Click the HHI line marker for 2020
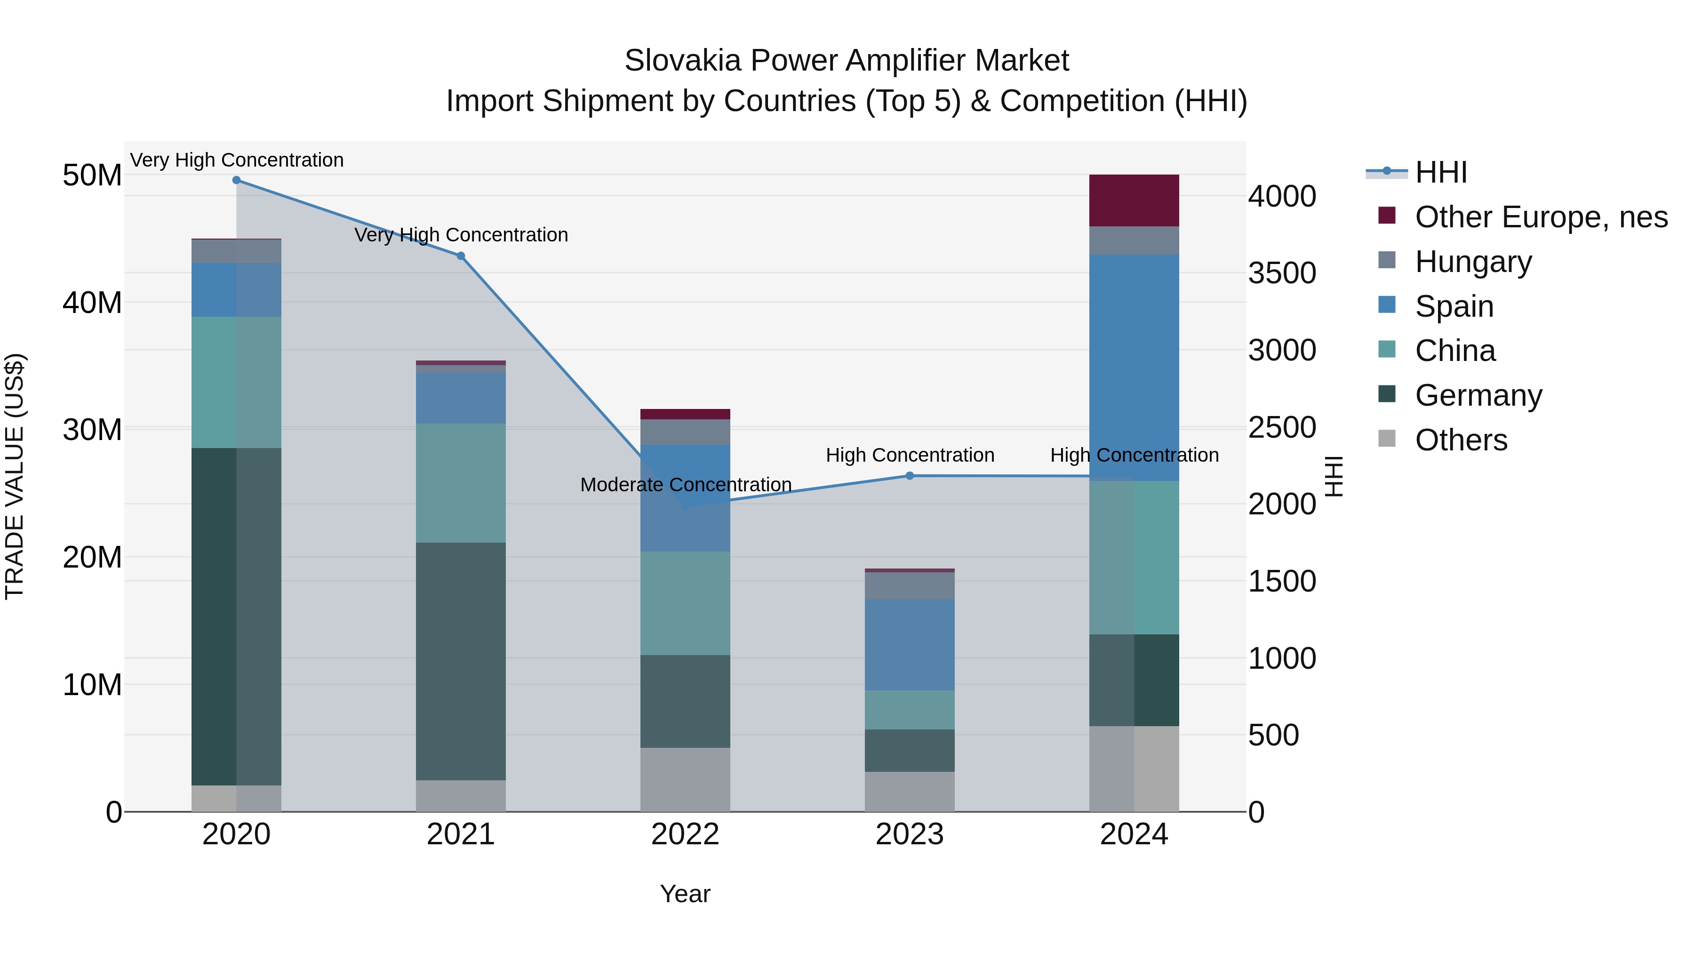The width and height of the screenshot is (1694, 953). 236,180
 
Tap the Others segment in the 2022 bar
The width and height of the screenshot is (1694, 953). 685,779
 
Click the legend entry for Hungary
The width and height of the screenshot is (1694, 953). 1473,262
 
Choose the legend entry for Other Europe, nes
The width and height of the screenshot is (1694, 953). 1541,217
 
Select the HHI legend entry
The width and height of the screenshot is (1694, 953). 1440,172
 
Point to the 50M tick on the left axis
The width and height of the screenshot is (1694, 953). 92,176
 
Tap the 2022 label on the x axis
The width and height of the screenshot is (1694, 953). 685,834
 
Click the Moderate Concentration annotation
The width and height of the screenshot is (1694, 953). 685,485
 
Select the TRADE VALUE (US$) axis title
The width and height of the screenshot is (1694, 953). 15,476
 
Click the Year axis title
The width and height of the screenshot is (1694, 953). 685,894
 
